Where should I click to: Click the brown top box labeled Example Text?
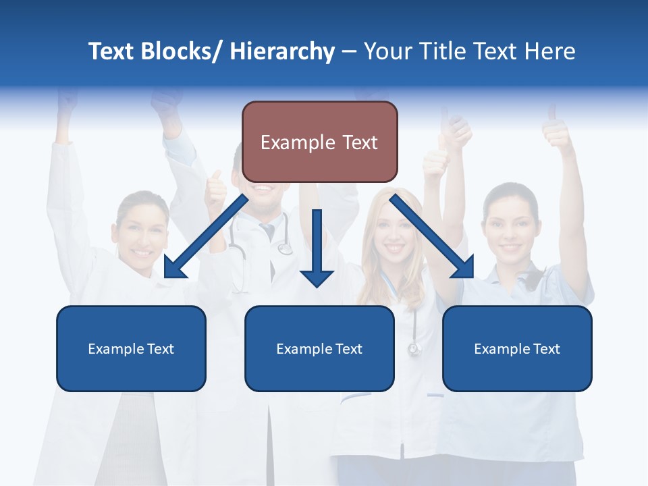(x=319, y=142)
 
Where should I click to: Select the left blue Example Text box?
(x=131, y=348)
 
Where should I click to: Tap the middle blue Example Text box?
(x=319, y=348)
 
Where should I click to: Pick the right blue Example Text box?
(x=517, y=348)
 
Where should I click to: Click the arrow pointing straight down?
(x=317, y=250)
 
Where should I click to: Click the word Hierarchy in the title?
(x=282, y=51)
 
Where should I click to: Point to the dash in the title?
(x=349, y=52)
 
